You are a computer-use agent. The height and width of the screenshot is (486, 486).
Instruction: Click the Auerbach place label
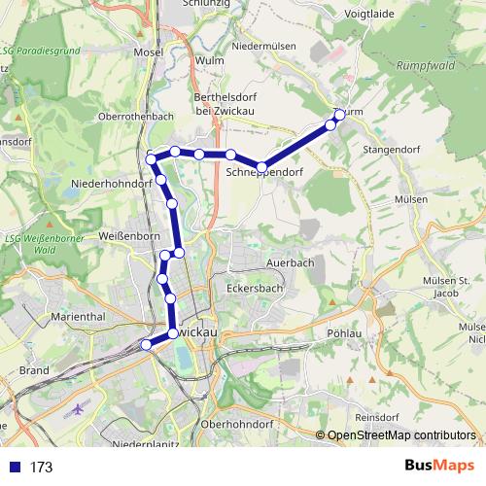click(291, 263)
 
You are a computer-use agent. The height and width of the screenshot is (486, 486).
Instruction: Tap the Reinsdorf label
click(376, 416)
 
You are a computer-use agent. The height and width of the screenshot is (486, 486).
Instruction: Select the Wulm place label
click(210, 59)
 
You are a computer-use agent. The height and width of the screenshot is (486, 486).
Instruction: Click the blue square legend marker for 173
click(14, 467)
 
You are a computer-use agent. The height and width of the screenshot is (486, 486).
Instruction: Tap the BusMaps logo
click(438, 466)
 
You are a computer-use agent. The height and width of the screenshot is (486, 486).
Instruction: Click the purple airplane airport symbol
click(78, 409)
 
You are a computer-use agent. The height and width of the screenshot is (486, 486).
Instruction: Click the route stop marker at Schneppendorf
click(261, 167)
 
